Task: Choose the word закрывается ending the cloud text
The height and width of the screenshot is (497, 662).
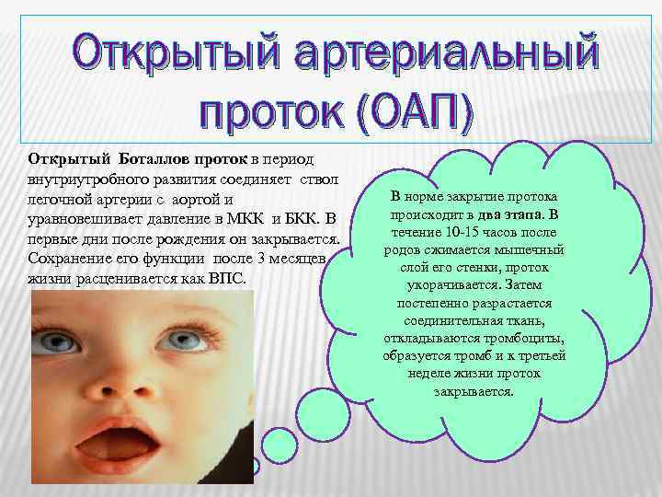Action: (x=474, y=390)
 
